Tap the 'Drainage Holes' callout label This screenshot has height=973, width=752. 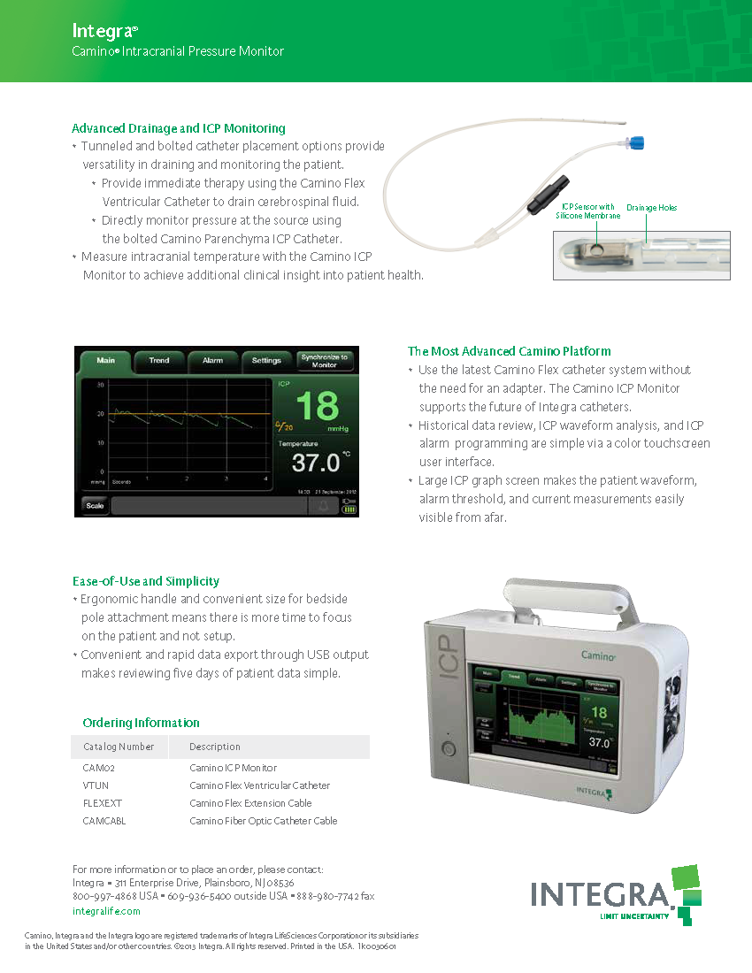click(x=652, y=208)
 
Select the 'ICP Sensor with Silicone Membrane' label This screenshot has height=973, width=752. click(x=588, y=211)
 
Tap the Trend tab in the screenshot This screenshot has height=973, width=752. click(x=159, y=361)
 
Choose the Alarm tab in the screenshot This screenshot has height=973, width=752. click(x=213, y=361)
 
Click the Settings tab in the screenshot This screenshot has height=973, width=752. click(x=266, y=361)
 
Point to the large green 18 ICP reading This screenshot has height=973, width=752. click(x=316, y=407)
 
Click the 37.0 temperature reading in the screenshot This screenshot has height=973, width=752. click(x=316, y=462)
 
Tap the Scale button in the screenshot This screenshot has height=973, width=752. click(x=95, y=506)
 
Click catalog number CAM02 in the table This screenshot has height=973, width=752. click(x=98, y=768)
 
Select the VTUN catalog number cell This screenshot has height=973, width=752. click(x=96, y=785)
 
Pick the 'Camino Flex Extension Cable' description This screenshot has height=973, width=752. click(x=250, y=803)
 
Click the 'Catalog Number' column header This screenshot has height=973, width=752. click(x=119, y=747)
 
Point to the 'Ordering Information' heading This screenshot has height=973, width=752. click(x=141, y=723)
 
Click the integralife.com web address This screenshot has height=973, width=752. click(x=106, y=910)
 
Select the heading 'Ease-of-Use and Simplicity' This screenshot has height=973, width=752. click(x=146, y=581)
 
